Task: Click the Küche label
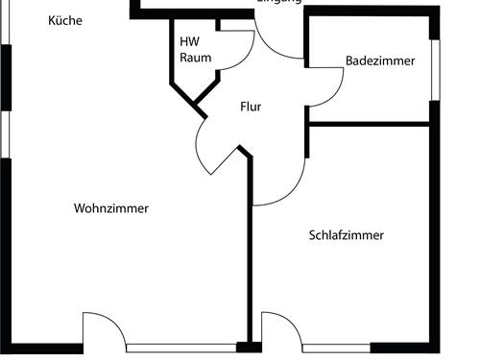65,19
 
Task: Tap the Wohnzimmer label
111,208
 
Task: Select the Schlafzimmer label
347,235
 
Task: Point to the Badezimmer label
380,60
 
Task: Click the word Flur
251,107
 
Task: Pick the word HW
189,42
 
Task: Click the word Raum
195,58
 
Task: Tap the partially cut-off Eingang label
279,3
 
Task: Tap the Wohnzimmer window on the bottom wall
181,347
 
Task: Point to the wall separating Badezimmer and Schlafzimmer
370,123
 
